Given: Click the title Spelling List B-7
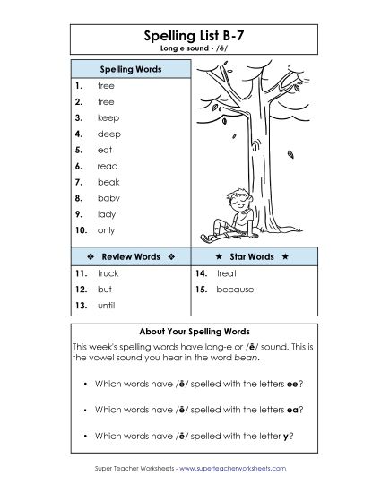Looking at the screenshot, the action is click(x=189, y=36).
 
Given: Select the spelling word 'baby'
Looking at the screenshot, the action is click(x=108, y=197).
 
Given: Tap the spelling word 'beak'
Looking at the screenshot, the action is click(x=108, y=181).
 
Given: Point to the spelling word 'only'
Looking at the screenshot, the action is click(x=106, y=230).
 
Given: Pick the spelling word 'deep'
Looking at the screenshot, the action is click(x=108, y=133).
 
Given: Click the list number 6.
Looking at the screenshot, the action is click(x=79, y=166).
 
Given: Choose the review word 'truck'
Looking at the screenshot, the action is click(x=108, y=272).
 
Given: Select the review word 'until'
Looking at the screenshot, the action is click(x=106, y=305).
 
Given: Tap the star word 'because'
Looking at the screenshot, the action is click(x=235, y=290).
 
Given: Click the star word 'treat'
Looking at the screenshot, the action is click(x=226, y=272).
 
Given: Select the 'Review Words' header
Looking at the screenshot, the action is click(x=129, y=256).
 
